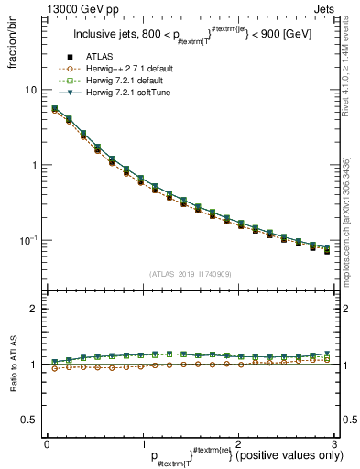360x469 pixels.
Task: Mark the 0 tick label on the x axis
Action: (x=46, y=444)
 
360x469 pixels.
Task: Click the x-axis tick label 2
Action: (x=237, y=444)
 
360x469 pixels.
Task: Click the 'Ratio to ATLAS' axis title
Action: (x=12, y=366)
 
